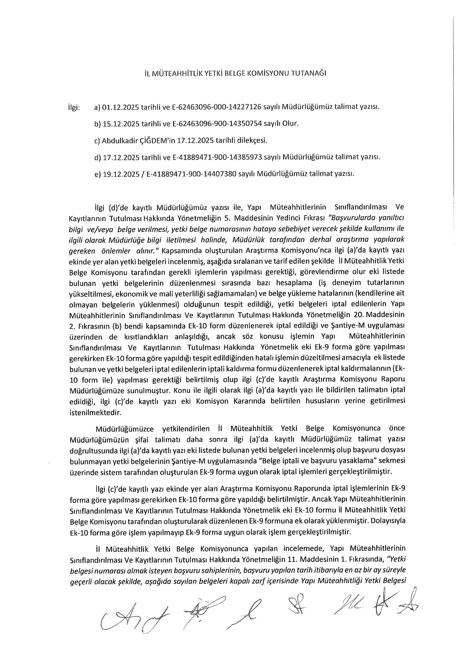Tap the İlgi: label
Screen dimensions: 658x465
[x=73, y=108]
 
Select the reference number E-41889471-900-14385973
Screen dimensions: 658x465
[x=217, y=157]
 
